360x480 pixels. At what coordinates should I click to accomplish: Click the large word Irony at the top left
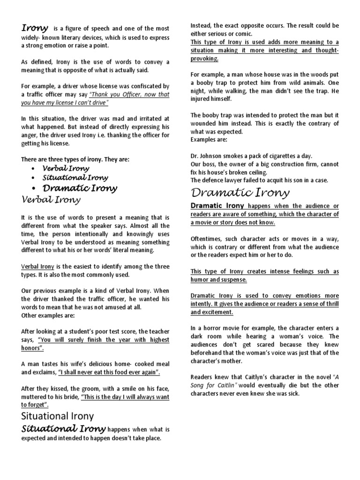(x=34, y=28)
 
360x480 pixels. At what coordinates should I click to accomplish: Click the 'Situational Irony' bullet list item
(x=75, y=178)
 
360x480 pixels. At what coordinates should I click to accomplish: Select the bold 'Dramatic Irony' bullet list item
(x=80, y=188)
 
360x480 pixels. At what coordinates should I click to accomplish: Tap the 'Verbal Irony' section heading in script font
(x=51, y=200)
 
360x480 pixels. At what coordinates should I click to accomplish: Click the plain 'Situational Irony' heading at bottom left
(x=58, y=416)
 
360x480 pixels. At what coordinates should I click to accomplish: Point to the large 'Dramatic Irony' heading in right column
(x=240, y=193)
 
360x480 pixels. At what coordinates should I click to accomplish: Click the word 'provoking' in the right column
(x=204, y=59)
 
